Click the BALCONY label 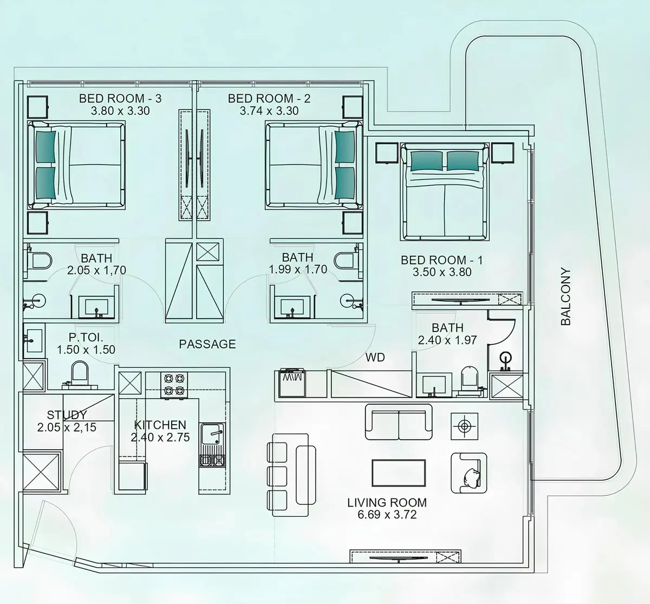pyautogui.click(x=566, y=297)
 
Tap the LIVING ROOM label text pyautogui.click(x=387, y=502)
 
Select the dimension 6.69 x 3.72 pyautogui.click(x=387, y=515)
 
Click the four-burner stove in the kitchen pyautogui.click(x=174, y=385)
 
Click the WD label pyautogui.click(x=375, y=358)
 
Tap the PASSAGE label pyautogui.click(x=207, y=344)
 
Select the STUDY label pyautogui.click(x=67, y=415)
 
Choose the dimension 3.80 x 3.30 pyautogui.click(x=120, y=111)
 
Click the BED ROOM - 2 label pyautogui.click(x=269, y=99)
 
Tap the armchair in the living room pyautogui.click(x=469, y=473)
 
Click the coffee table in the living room pyautogui.click(x=399, y=473)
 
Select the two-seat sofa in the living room pyautogui.click(x=399, y=422)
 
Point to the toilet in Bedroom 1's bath pyautogui.click(x=469, y=380)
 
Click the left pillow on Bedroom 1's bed pyautogui.click(x=428, y=161)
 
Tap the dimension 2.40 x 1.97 pyautogui.click(x=447, y=340)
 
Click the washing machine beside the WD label pyautogui.click(x=292, y=383)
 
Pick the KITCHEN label pyautogui.click(x=160, y=425)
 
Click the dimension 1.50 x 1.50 pyautogui.click(x=86, y=349)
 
